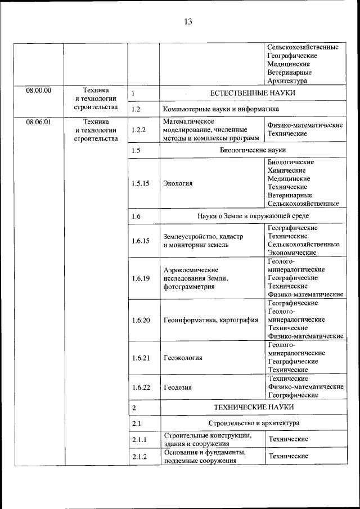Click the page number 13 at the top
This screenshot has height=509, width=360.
coord(187,22)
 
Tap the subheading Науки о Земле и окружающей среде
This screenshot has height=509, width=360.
coord(253,215)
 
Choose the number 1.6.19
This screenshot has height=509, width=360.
coord(141,278)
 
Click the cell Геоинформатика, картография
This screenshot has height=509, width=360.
coord(211,319)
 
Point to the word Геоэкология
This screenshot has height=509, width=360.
coord(183,357)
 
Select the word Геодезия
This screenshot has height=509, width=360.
coord(178,387)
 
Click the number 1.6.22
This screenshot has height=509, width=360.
coord(141,387)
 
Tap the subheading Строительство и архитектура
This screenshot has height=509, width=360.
coord(253,422)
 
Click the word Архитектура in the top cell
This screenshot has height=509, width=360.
coord(287,80)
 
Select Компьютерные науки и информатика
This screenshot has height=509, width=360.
coord(221,109)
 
